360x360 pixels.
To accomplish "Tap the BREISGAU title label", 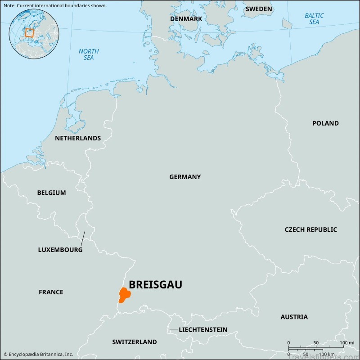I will point(156,285).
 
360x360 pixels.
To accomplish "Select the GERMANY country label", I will point(185,177).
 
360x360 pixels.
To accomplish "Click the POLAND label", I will point(325,123).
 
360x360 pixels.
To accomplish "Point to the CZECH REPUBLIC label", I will point(310,229).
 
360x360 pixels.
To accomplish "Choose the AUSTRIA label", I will point(294,317).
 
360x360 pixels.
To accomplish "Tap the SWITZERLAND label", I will point(135,342).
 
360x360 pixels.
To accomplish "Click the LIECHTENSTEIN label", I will point(203,330).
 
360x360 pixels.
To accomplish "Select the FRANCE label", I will point(51,292).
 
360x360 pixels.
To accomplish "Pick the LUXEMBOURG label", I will point(60,249).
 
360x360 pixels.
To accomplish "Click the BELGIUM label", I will point(51,193).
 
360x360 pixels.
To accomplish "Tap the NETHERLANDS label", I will point(78,138).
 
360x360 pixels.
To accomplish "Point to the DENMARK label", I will point(186,19).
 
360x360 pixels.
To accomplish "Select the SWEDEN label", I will point(259,9).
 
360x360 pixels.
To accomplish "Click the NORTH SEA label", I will point(89,54).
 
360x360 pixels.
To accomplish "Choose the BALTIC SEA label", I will point(314,19).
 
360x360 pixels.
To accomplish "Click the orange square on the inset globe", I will point(29,32).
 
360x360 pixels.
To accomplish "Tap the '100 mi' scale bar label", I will point(347,343).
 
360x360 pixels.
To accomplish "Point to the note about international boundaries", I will point(54,5).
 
